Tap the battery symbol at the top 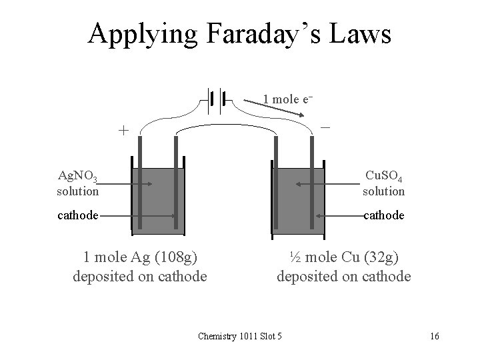coord(215,99)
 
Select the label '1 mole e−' coord(287,99)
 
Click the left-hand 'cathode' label coord(78,215)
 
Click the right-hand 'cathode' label coord(383,215)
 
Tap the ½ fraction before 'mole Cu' coord(295,256)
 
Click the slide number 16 coord(434,335)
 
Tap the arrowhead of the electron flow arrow coord(309,116)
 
